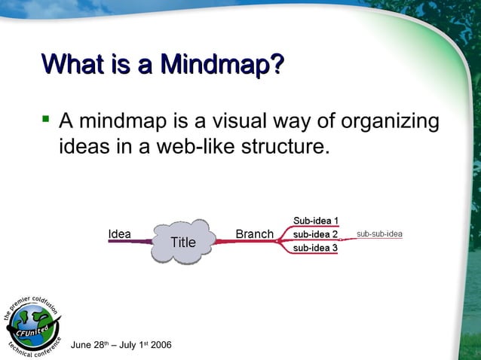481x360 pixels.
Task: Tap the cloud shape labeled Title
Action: tap(182, 242)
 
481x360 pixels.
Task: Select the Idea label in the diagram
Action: tap(119, 234)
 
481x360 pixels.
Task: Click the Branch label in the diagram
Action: tap(254, 234)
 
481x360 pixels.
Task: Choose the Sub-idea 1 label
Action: tap(315, 221)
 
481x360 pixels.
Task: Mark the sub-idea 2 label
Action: tap(315, 234)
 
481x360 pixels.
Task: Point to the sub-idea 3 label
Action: tap(315, 248)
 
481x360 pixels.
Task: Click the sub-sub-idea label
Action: tap(379, 234)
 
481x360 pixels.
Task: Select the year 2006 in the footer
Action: tap(161, 345)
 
